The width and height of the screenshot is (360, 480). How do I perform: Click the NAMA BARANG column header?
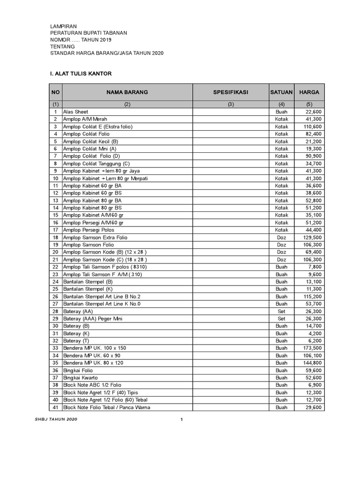click(127, 92)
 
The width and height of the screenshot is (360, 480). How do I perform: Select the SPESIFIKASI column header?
click(231, 92)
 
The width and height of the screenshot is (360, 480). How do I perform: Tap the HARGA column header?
click(309, 92)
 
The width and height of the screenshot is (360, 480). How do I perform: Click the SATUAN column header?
click(281, 92)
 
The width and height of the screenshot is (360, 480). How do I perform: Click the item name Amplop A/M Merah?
click(85, 120)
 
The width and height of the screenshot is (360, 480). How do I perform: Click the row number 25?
click(55, 289)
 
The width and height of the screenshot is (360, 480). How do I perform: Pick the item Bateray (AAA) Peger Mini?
click(92, 319)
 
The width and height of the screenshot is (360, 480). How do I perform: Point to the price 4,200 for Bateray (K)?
click(315, 334)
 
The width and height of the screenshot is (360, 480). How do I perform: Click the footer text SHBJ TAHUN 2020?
click(56, 419)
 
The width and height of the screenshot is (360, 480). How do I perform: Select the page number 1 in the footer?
click(181, 419)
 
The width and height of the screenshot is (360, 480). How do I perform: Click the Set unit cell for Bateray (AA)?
click(281, 311)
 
